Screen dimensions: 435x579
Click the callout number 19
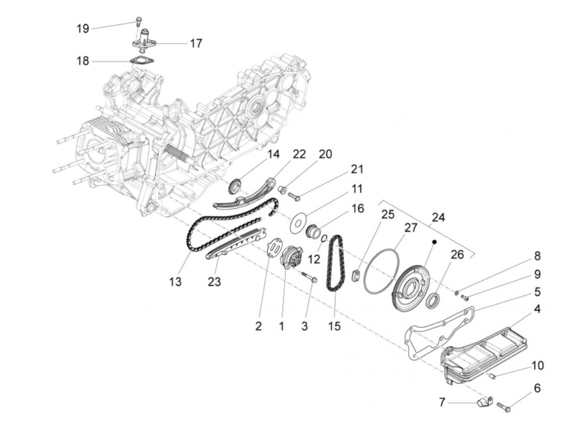(x=83, y=29)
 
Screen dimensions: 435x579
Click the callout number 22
(x=299, y=154)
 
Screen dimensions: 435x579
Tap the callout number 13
(x=175, y=282)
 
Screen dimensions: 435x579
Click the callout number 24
(x=438, y=217)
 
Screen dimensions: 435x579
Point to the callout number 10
(x=538, y=366)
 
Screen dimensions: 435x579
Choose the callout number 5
(x=537, y=292)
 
